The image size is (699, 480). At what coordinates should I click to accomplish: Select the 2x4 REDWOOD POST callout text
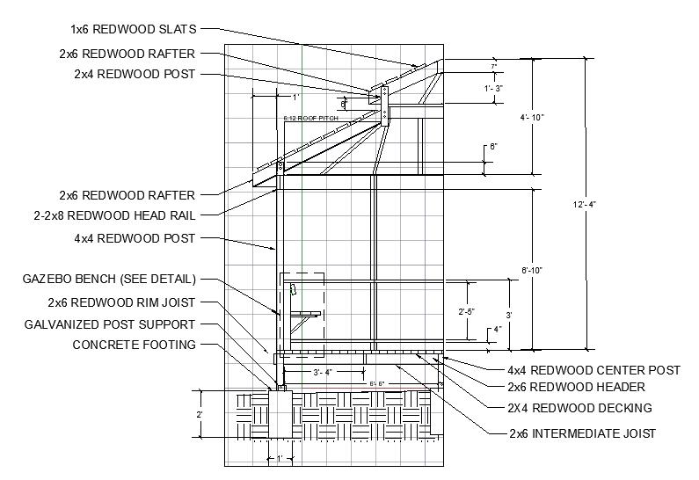coord(135,75)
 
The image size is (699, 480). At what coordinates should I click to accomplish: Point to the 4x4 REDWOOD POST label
coord(135,237)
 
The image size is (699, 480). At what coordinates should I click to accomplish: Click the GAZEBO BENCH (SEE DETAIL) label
coord(109,280)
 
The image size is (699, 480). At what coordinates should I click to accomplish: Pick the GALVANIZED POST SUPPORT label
coord(121,324)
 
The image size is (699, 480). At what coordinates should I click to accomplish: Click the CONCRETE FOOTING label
coord(135,345)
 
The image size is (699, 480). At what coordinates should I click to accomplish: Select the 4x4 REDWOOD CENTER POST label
coord(593,370)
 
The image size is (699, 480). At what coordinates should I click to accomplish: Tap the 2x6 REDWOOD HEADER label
coord(576,387)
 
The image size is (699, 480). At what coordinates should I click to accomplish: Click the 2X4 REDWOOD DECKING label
coord(579,408)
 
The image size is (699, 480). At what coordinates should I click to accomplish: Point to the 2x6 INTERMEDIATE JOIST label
coord(582,433)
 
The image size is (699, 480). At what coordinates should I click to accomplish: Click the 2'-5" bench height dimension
coord(469,311)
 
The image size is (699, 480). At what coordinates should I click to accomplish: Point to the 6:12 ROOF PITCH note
coord(310,118)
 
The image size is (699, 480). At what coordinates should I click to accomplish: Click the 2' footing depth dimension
coord(200,414)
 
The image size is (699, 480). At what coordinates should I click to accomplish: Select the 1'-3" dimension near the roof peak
coord(493,89)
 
